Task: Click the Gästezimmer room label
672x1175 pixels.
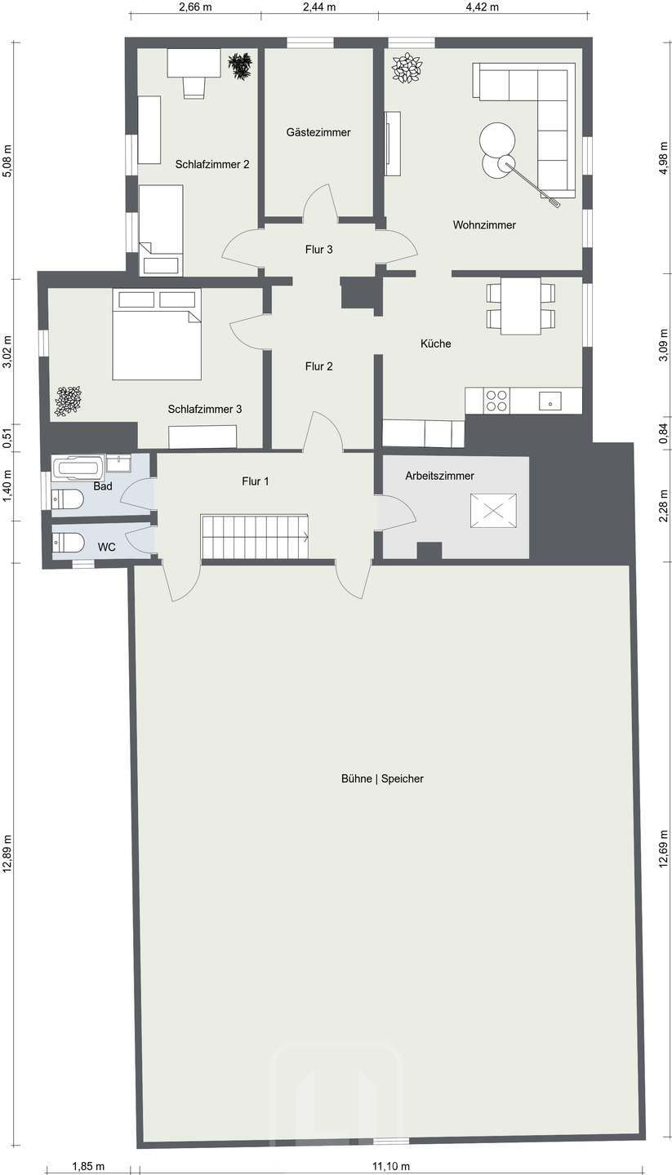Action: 318,133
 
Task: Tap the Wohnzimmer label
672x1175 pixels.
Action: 484,225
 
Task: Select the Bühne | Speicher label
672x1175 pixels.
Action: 382,779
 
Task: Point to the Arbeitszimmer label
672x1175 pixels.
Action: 439,476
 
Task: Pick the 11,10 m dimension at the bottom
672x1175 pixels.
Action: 391,1167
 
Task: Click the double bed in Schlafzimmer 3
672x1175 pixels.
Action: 157,334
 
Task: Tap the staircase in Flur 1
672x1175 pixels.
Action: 255,538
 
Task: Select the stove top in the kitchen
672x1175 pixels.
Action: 496,401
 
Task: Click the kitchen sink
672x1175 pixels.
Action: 550,401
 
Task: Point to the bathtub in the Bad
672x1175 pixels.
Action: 78,467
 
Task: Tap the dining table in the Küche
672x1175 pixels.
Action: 521,306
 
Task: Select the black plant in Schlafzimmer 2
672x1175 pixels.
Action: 240,67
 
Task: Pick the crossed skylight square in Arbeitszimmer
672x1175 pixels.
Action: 493,511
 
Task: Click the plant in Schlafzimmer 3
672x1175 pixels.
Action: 69,401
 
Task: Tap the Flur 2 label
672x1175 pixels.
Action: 318,366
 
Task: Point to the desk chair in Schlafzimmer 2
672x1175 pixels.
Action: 194,86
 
